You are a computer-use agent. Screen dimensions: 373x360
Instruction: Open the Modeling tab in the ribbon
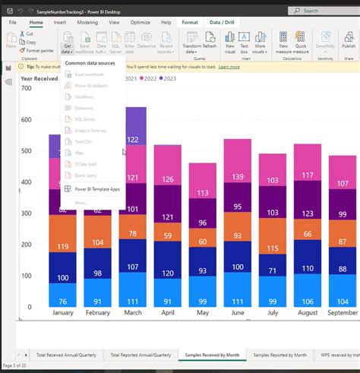tap(87, 23)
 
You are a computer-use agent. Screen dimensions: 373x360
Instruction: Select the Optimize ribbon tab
tap(140, 23)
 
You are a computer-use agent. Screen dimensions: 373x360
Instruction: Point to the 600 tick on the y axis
tap(26, 120)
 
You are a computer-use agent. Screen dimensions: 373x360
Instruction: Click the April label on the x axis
tap(167, 312)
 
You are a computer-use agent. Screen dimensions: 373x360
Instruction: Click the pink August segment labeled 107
tap(308, 175)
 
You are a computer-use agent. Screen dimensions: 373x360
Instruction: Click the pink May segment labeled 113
tap(202, 193)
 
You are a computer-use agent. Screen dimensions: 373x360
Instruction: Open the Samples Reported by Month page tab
tap(279, 355)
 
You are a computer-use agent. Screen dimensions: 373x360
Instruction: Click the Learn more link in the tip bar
tap(229, 67)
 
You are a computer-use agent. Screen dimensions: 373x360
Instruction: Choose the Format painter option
tap(39, 49)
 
